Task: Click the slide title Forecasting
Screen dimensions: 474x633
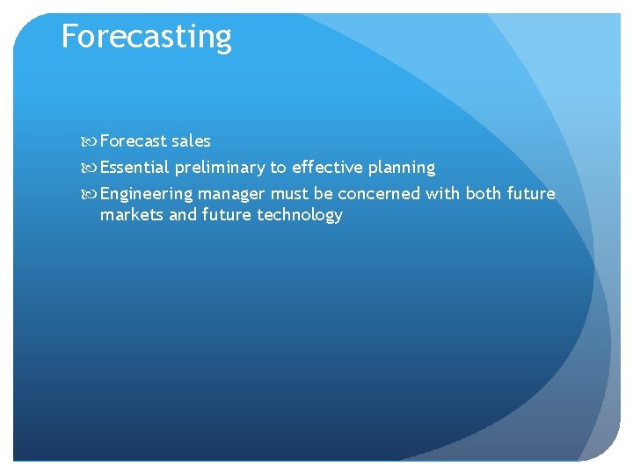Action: tap(146, 37)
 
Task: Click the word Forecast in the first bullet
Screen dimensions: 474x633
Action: tap(134, 140)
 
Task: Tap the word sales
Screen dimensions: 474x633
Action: tap(191, 140)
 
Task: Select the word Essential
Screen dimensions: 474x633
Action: tap(134, 167)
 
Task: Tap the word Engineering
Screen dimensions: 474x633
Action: tap(146, 193)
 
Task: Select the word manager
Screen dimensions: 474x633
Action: tap(231, 194)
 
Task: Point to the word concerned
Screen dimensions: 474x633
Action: tap(379, 193)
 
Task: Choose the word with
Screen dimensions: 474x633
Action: tap(442, 193)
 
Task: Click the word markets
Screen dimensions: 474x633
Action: tap(131, 215)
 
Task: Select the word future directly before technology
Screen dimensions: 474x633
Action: tap(227, 215)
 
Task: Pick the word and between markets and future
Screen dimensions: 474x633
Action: tap(182, 215)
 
